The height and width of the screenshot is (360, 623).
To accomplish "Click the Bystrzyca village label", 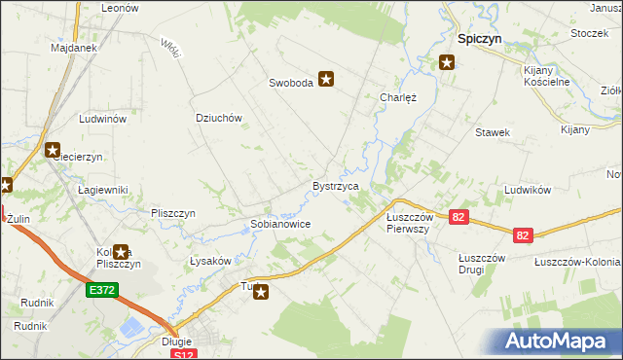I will click(336, 185).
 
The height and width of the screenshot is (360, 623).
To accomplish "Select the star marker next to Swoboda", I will click(326, 82).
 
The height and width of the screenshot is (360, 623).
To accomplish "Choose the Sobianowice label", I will click(280, 224).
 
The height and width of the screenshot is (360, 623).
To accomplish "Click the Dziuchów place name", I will click(218, 118).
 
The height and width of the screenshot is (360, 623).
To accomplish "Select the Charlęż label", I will click(397, 97).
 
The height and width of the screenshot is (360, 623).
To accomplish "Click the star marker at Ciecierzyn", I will click(53, 150).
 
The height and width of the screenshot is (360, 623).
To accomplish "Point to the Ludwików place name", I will click(530, 191).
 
